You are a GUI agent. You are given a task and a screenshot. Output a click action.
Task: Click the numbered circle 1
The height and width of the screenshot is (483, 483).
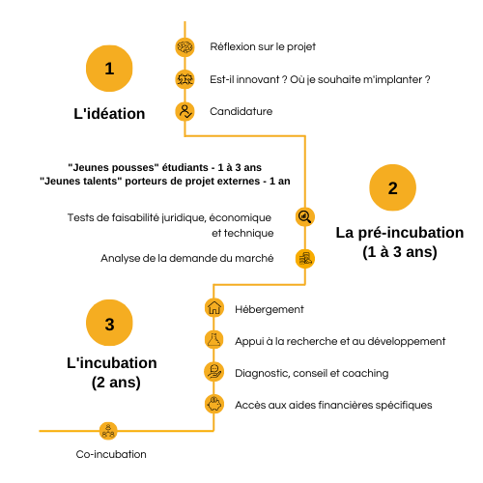click(x=109, y=69)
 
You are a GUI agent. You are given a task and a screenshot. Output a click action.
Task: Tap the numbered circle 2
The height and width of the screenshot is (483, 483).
click(x=392, y=187)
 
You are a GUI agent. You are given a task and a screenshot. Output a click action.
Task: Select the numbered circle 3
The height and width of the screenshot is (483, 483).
click(x=109, y=323)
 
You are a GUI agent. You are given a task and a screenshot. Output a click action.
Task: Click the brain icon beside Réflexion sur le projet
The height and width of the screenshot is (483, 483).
click(x=185, y=47)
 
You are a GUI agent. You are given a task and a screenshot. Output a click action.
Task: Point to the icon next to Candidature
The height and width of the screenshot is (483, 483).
click(x=185, y=111)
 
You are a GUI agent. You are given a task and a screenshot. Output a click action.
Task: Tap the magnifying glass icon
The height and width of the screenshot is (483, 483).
click(x=305, y=216)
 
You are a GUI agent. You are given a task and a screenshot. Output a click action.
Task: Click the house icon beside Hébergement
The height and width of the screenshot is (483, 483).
click(x=214, y=307)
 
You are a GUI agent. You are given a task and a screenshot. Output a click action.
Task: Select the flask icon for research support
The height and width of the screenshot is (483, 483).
click(x=214, y=339)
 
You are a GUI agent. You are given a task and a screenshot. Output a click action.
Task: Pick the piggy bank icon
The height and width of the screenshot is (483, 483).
click(x=214, y=404)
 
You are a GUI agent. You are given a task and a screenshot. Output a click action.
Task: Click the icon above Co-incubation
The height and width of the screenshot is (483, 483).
click(x=108, y=431)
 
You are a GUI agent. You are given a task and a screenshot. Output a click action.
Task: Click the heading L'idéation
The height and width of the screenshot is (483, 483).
click(x=109, y=114)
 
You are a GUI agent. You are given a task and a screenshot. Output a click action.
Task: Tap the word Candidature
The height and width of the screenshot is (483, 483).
click(x=241, y=111)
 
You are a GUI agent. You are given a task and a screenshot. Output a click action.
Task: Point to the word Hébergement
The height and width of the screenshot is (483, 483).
click(x=270, y=309)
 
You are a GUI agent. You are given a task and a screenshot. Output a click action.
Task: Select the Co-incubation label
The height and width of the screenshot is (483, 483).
click(x=111, y=454)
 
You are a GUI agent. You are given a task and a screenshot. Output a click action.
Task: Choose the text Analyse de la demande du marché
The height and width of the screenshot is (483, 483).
click(x=187, y=258)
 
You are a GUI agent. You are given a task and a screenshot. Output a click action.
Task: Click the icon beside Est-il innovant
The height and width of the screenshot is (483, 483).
click(x=185, y=79)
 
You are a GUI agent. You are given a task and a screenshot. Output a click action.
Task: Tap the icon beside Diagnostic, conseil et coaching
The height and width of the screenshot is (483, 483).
click(x=214, y=372)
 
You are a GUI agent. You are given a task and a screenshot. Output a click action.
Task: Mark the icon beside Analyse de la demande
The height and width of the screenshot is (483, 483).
click(x=305, y=259)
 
